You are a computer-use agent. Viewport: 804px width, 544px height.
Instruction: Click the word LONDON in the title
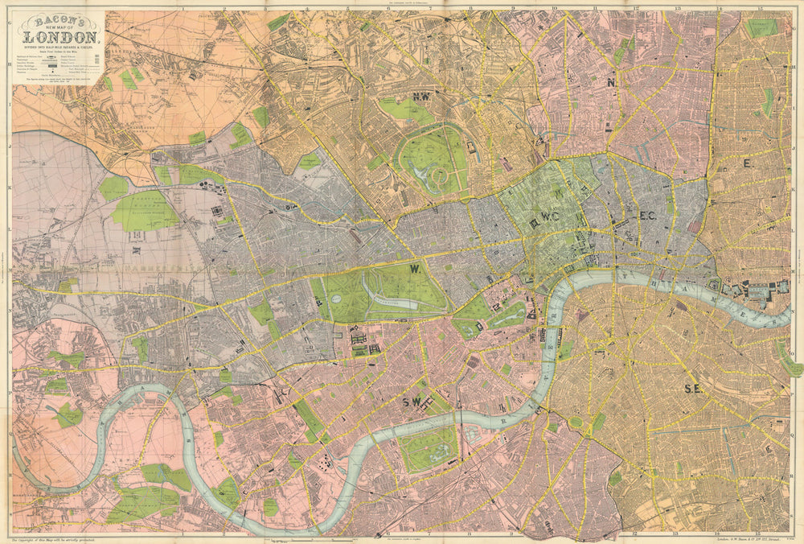coord(62,35)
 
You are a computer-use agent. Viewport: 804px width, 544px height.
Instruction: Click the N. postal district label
coord(612,81)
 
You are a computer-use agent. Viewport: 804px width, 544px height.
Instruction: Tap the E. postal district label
coord(748,163)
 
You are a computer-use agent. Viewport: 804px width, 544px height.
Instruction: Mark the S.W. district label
coord(420,401)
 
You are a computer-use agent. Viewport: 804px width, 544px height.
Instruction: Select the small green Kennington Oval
coord(576,422)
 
